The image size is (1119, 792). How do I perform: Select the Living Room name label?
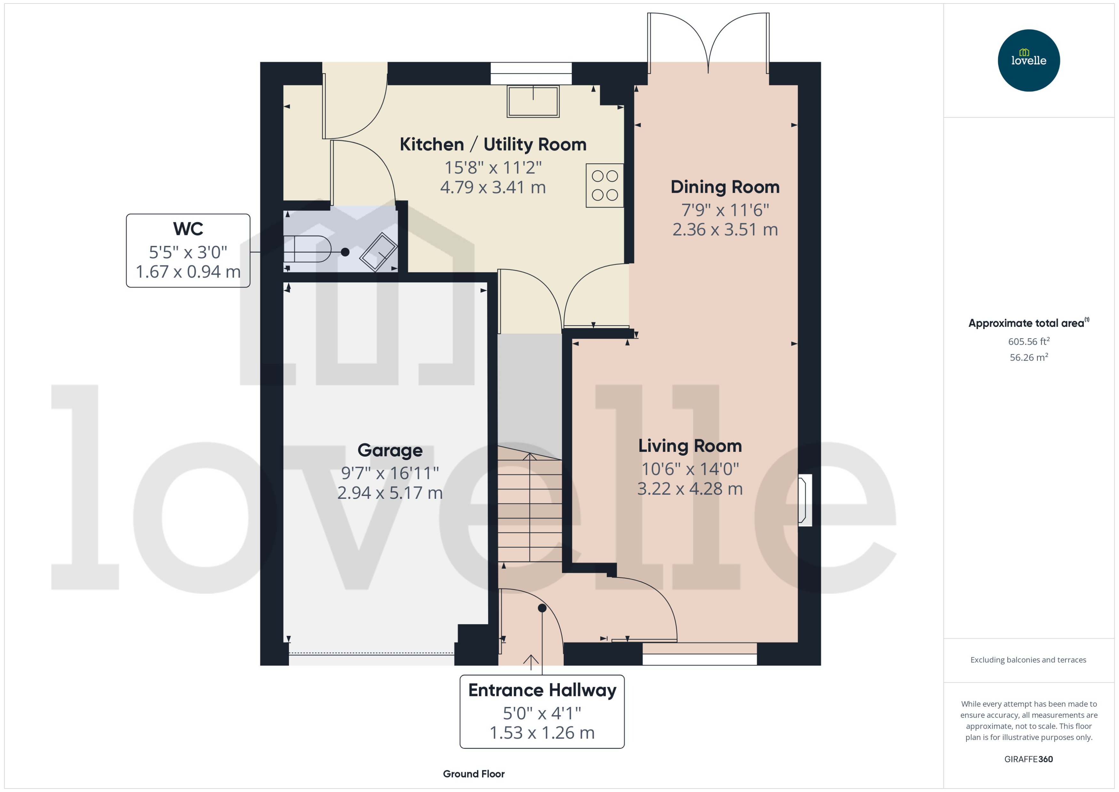tap(689, 446)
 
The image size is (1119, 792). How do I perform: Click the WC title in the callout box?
tap(188, 229)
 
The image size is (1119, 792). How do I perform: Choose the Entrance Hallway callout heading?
tap(542, 690)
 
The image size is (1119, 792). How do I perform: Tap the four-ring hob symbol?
tap(604, 185)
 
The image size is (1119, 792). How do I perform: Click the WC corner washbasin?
tap(378, 252)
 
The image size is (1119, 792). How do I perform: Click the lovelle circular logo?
tap(1028, 60)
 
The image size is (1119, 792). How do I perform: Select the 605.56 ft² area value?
tap(1028, 341)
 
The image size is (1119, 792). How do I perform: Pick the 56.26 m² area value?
tap(1028, 357)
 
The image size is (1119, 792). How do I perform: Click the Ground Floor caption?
tap(473, 773)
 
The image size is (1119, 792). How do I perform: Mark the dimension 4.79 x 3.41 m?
tap(492, 187)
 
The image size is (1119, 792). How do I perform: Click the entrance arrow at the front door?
tap(530, 661)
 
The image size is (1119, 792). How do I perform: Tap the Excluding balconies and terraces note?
tap(1028, 660)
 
